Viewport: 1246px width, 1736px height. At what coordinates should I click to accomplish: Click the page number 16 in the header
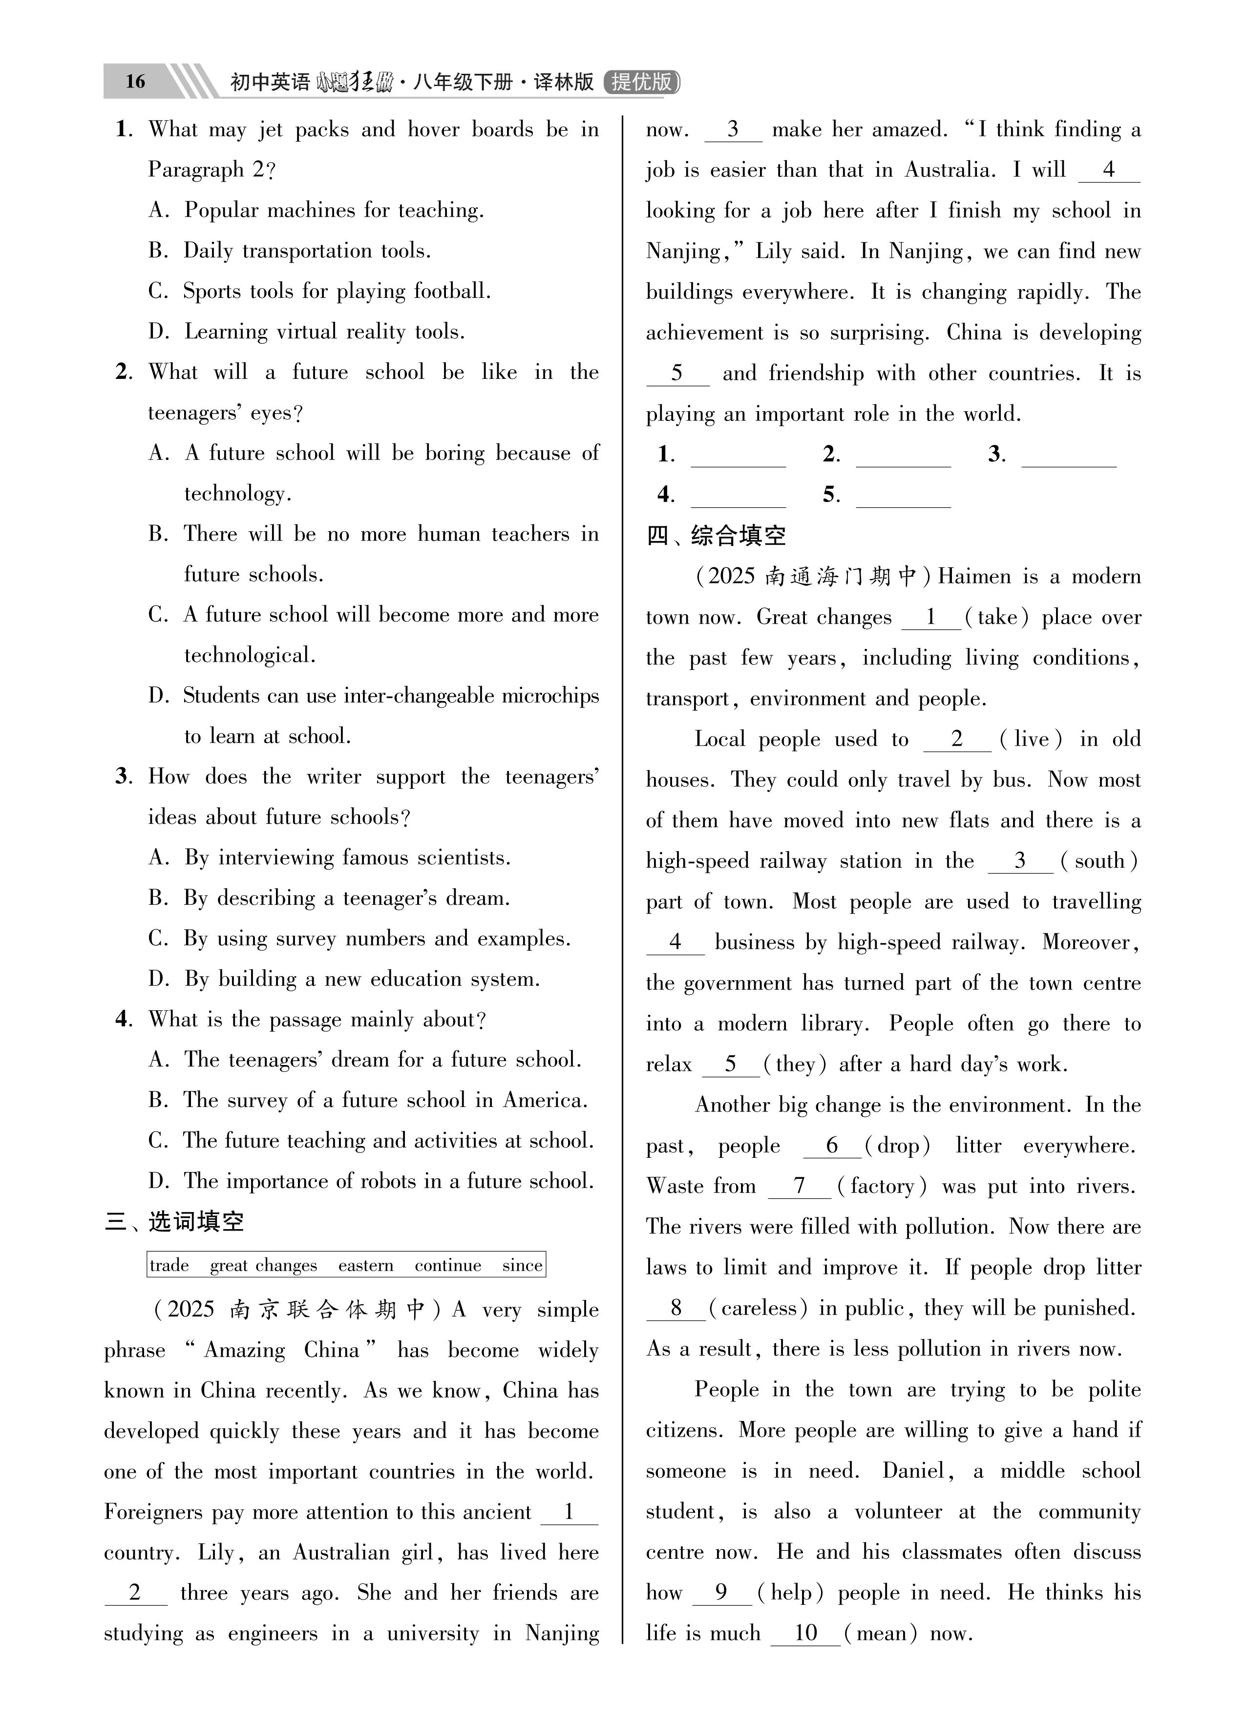tap(135, 81)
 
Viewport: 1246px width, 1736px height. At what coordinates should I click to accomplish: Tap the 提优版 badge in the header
tap(642, 81)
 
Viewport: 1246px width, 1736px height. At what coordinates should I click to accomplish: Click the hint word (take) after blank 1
tap(997, 617)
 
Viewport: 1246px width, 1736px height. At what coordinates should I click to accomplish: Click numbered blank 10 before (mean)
tap(805, 1632)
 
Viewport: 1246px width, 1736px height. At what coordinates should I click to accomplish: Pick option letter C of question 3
tap(158, 939)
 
